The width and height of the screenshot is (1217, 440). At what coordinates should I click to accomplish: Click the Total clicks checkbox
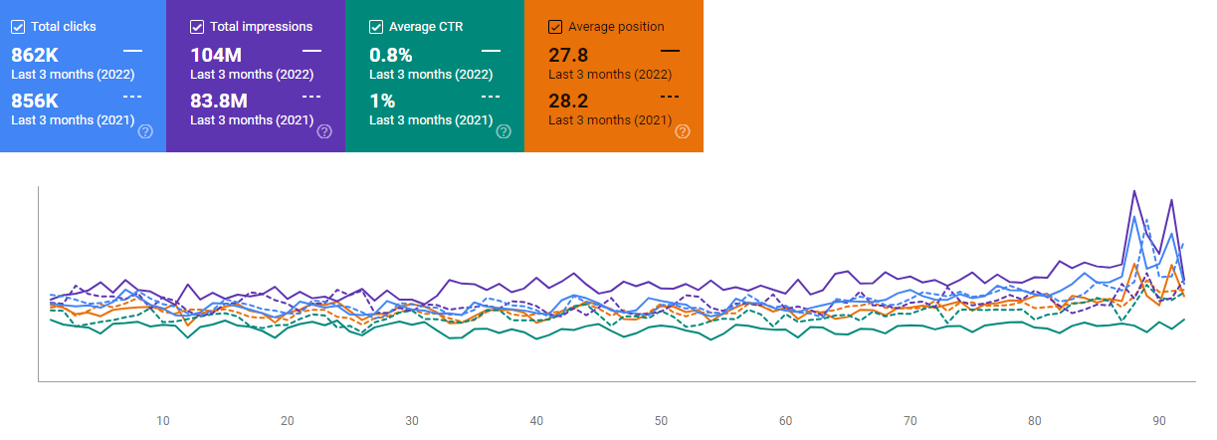pos(18,27)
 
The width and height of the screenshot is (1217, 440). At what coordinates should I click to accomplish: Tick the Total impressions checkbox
pos(197,27)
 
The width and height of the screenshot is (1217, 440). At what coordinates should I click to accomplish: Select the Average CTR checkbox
pos(376,27)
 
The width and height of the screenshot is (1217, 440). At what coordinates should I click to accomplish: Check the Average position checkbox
pos(555,27)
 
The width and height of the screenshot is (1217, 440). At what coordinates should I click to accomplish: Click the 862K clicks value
pos(35,55)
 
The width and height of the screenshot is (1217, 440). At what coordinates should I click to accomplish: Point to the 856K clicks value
pos(35,101)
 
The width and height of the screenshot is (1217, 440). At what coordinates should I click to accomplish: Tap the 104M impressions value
pos(217,55)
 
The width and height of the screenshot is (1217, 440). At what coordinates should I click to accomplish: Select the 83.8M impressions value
pos(219,101)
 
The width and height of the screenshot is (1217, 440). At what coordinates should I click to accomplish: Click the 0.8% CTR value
pos(389,55)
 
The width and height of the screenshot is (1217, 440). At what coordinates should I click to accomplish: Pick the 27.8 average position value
pos(568,55)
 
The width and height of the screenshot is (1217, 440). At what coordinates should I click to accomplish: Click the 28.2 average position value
pos(568,101)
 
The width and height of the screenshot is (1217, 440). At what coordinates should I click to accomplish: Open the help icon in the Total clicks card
pos(145,131)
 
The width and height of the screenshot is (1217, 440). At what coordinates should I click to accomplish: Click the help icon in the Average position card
pos(683,131)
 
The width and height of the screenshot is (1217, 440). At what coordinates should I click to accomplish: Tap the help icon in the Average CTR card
pos(504,131)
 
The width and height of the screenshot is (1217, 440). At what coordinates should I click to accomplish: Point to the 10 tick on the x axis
pos(163,420)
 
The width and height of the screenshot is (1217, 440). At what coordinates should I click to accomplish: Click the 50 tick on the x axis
pos(661,420)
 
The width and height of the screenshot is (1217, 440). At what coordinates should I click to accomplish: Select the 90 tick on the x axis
pos(1159,420)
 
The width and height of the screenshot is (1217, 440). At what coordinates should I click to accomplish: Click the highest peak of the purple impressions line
pos(1134,190)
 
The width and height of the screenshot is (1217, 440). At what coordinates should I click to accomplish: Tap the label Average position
pos(616,27)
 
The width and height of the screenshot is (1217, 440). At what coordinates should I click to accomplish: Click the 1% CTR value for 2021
pos(382,101)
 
